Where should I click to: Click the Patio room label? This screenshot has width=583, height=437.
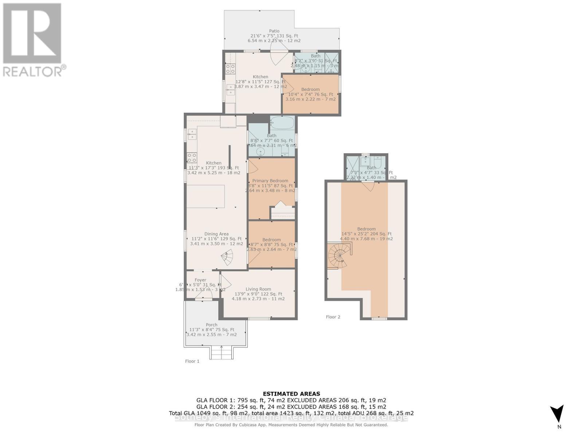point(274,31)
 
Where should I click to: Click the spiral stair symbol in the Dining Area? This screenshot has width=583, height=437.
point(227,258)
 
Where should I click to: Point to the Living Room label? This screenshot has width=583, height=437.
point(258,289)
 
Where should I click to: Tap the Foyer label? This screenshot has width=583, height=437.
point(200,280)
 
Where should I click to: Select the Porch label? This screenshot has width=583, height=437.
point(211,325)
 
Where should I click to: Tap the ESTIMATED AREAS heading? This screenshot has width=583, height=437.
point(291,394)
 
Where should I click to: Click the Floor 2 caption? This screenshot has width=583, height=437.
point(333,317)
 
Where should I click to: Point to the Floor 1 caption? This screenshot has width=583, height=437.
point(192,361)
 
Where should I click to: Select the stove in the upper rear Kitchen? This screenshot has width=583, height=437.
point(230,69)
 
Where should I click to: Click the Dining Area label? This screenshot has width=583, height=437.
point(216,234)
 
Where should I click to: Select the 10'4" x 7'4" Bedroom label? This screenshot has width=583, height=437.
point(310,89)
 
